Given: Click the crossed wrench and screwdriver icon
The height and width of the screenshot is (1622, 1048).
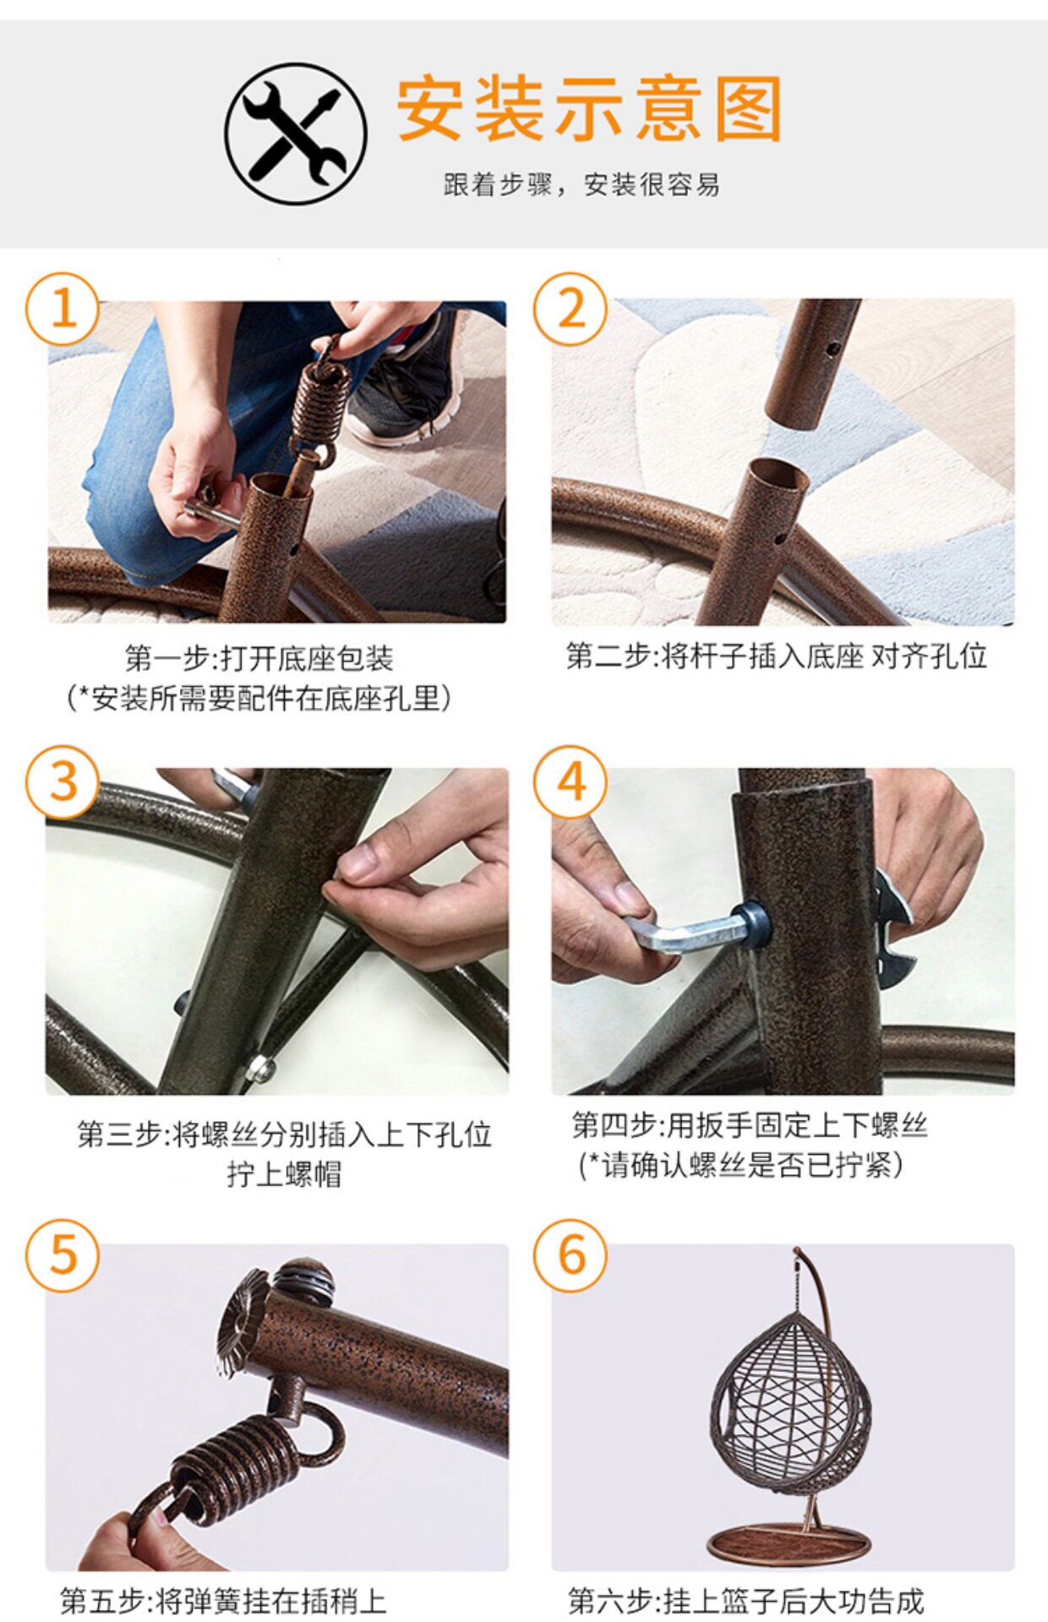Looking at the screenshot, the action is [x=296, y=133].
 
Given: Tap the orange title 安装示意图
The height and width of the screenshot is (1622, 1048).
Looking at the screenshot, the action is [x=590, y=108].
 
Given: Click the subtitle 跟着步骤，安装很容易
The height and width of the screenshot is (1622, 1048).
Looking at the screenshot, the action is [x=582, y=184].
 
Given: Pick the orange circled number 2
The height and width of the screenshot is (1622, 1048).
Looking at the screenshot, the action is [x=570, y=308].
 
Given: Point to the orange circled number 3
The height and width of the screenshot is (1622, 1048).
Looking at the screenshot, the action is [x=63, y=781].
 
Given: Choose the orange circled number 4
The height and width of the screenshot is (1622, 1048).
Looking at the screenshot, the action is [x=570, y=781].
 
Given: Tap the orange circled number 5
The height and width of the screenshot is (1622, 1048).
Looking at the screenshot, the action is [x=63, y=1255].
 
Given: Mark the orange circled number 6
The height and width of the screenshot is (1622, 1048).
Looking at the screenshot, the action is [x=570, y=1255].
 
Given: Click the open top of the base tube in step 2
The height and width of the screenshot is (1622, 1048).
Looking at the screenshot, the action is [x=778, y=476].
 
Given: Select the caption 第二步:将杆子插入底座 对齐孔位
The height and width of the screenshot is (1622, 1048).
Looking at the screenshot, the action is [x=776, y=656].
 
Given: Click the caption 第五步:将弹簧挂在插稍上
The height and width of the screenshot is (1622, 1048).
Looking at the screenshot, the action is [x=223, y=1601].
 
